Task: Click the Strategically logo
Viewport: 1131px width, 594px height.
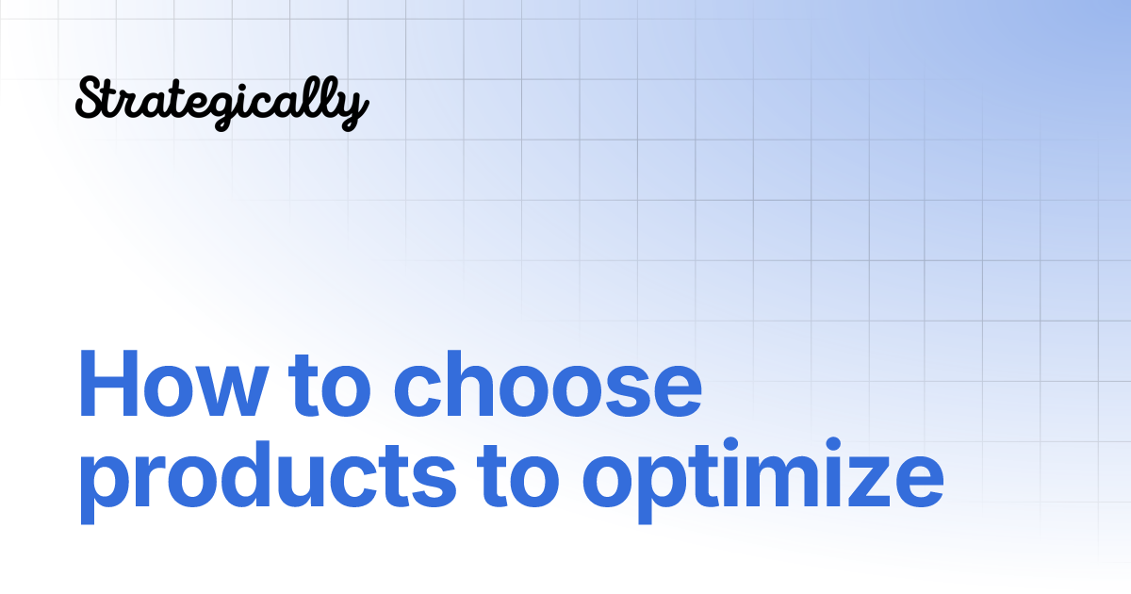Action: click(x=221, y=102)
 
